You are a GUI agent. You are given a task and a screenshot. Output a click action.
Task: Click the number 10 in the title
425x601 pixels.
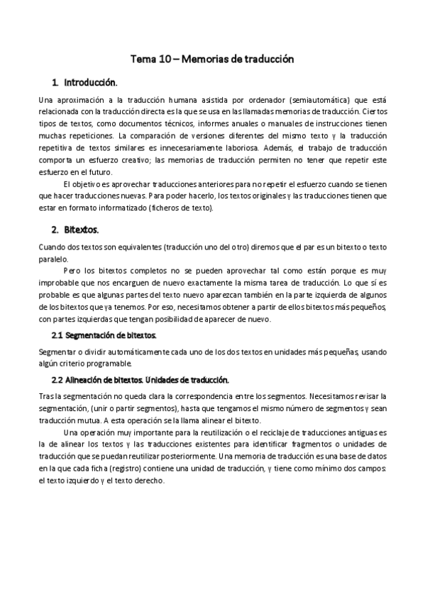tap(165, 60)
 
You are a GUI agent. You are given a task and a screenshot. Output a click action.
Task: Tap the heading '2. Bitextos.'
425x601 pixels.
tap(75, 230)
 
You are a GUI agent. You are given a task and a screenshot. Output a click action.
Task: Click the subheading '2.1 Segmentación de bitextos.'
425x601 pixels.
tap(104, 334)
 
